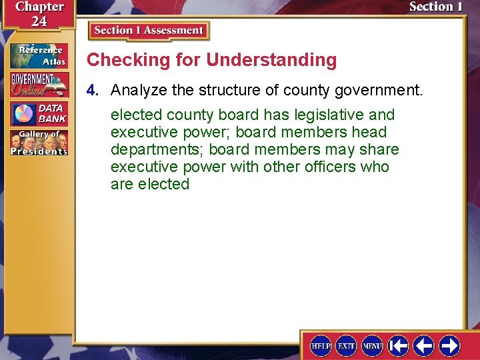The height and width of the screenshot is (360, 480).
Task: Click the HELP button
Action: [x=321, y=345]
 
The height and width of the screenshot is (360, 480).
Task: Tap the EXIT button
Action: [x=346, y=345]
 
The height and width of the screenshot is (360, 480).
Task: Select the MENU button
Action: [x=372, y=345]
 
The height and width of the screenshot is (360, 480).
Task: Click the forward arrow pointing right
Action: [x=449, y=345]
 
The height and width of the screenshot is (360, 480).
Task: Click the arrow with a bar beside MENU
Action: [x=398, y=345]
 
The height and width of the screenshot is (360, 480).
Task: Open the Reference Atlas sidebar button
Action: [x=39, y=56]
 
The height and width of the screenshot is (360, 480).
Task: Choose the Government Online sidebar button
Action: [x=39, y=84]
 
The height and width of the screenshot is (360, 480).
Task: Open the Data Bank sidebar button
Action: [x=39, y=113]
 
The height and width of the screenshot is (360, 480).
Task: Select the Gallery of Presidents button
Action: [x=39, y=143]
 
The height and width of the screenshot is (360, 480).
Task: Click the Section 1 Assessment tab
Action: [x=149, y=31]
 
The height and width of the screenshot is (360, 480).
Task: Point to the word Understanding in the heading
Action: [x=271, y=60]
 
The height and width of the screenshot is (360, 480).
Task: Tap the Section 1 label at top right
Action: [x=435, y=7]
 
